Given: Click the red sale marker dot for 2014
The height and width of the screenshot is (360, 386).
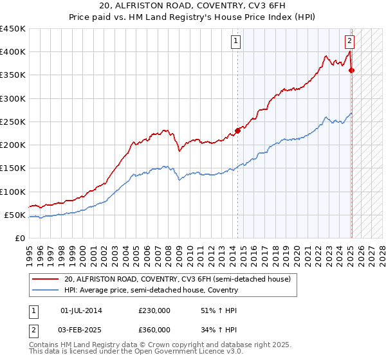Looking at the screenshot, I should [237, 130].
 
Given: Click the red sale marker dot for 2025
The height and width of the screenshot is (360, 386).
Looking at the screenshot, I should [351, 70].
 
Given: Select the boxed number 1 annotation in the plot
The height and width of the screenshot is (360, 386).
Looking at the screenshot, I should [236, 41].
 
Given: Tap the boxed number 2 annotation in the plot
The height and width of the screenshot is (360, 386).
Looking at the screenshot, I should [349, 41].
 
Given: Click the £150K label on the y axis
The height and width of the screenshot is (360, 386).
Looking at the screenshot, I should [12, 168].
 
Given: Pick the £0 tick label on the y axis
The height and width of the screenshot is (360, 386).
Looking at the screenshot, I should [19, 238].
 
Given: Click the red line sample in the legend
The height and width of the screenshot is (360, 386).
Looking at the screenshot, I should [46, 280].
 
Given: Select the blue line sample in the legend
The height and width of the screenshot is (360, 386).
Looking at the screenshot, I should [46, 290].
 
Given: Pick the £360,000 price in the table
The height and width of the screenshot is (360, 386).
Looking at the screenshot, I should [154, 329].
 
